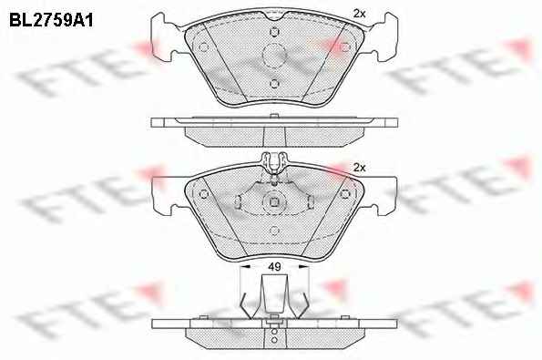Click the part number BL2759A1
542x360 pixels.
51,21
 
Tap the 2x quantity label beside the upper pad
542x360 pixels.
359,14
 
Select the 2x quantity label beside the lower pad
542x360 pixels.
360,168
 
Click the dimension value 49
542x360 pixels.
274,267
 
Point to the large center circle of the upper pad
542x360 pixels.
274,55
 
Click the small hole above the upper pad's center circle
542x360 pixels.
274,32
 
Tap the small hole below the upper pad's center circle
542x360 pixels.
274,84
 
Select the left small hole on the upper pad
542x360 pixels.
204,47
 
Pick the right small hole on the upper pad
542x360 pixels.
344,47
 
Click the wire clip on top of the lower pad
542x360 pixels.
274,165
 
